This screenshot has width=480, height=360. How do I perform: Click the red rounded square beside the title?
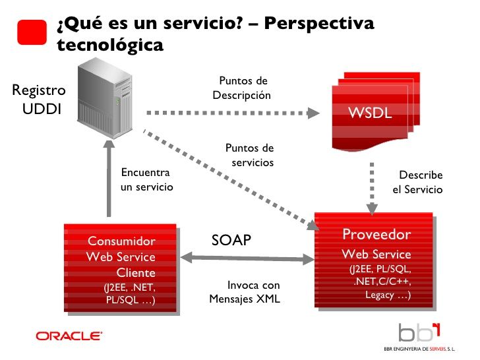[32, 32]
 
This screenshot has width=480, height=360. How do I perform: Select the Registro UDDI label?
[39, 100]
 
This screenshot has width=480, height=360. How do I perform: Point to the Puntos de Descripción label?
[242, 88]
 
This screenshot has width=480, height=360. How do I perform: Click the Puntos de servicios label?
[249, 155]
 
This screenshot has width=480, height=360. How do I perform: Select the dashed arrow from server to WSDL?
[231, 111]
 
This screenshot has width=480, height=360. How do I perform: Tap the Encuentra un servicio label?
[146, 179]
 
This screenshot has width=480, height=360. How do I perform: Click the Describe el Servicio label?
[418, 182]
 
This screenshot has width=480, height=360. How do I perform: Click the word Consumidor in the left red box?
[121, 241]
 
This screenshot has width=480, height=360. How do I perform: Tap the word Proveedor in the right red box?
[376, 235]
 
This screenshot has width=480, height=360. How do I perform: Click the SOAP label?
[231, 240]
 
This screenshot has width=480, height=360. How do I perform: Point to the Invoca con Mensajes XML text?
[245, 292]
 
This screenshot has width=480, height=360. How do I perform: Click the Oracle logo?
[69, 336]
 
